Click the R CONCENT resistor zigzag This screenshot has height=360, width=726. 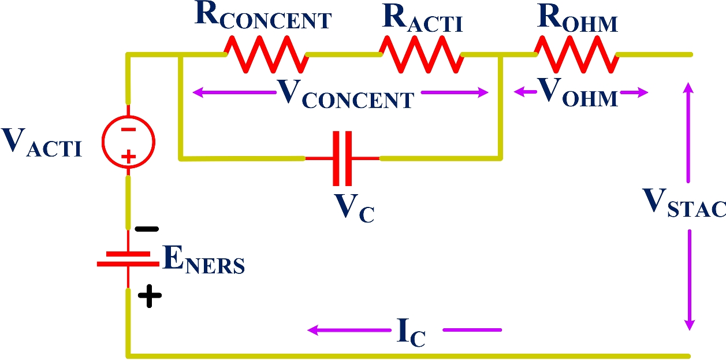[265, 54]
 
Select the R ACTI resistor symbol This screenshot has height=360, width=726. [421, 54]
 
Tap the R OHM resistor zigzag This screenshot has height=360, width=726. [576, 54]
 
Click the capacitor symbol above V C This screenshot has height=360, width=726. [342, 158]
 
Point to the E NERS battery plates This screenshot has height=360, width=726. [128, 258]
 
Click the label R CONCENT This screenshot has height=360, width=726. [263, 18]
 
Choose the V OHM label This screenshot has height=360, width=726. [578, 92]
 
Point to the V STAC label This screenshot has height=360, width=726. [685, 203]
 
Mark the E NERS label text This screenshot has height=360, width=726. [204, 262]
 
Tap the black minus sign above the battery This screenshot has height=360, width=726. [147, 229]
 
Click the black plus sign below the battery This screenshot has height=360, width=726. [149, 297]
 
